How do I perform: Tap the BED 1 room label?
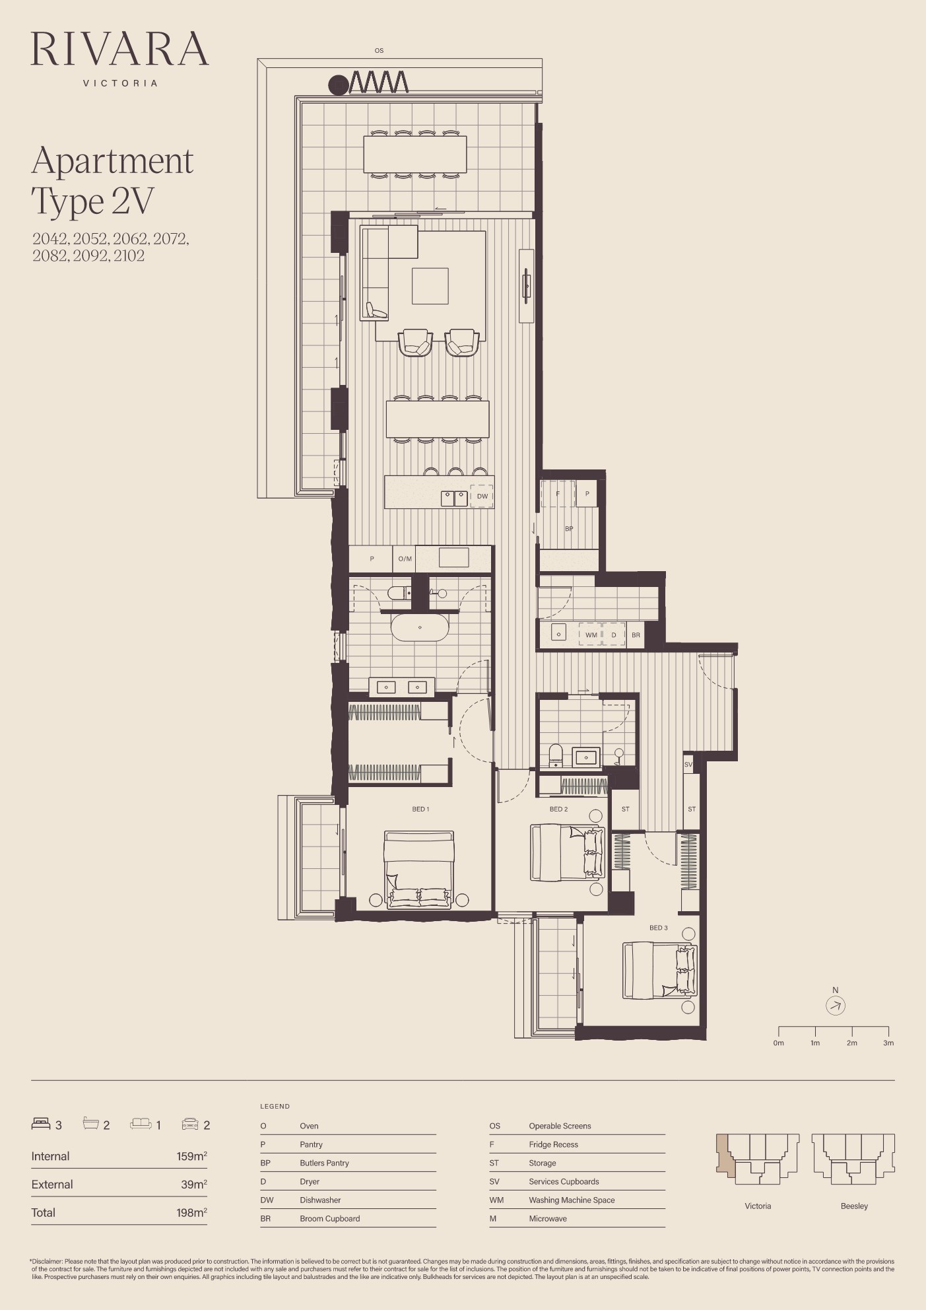420,810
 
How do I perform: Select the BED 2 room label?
558,810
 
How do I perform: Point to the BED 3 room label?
658,928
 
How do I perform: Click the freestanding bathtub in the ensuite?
420,627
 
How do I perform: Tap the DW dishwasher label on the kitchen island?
482,497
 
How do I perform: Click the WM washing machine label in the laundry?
591,635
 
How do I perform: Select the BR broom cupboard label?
636,635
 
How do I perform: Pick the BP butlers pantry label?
569,529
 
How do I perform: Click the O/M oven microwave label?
405,559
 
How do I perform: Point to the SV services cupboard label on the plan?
688,765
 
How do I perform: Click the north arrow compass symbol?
836,1006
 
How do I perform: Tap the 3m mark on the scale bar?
888,1043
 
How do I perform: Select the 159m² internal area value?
191,1156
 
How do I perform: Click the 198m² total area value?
191,1213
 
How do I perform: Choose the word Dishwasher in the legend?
320,1200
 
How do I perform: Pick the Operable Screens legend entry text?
560,1126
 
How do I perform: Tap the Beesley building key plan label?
854,1206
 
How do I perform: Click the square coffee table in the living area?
430,286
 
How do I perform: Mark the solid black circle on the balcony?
339,85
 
